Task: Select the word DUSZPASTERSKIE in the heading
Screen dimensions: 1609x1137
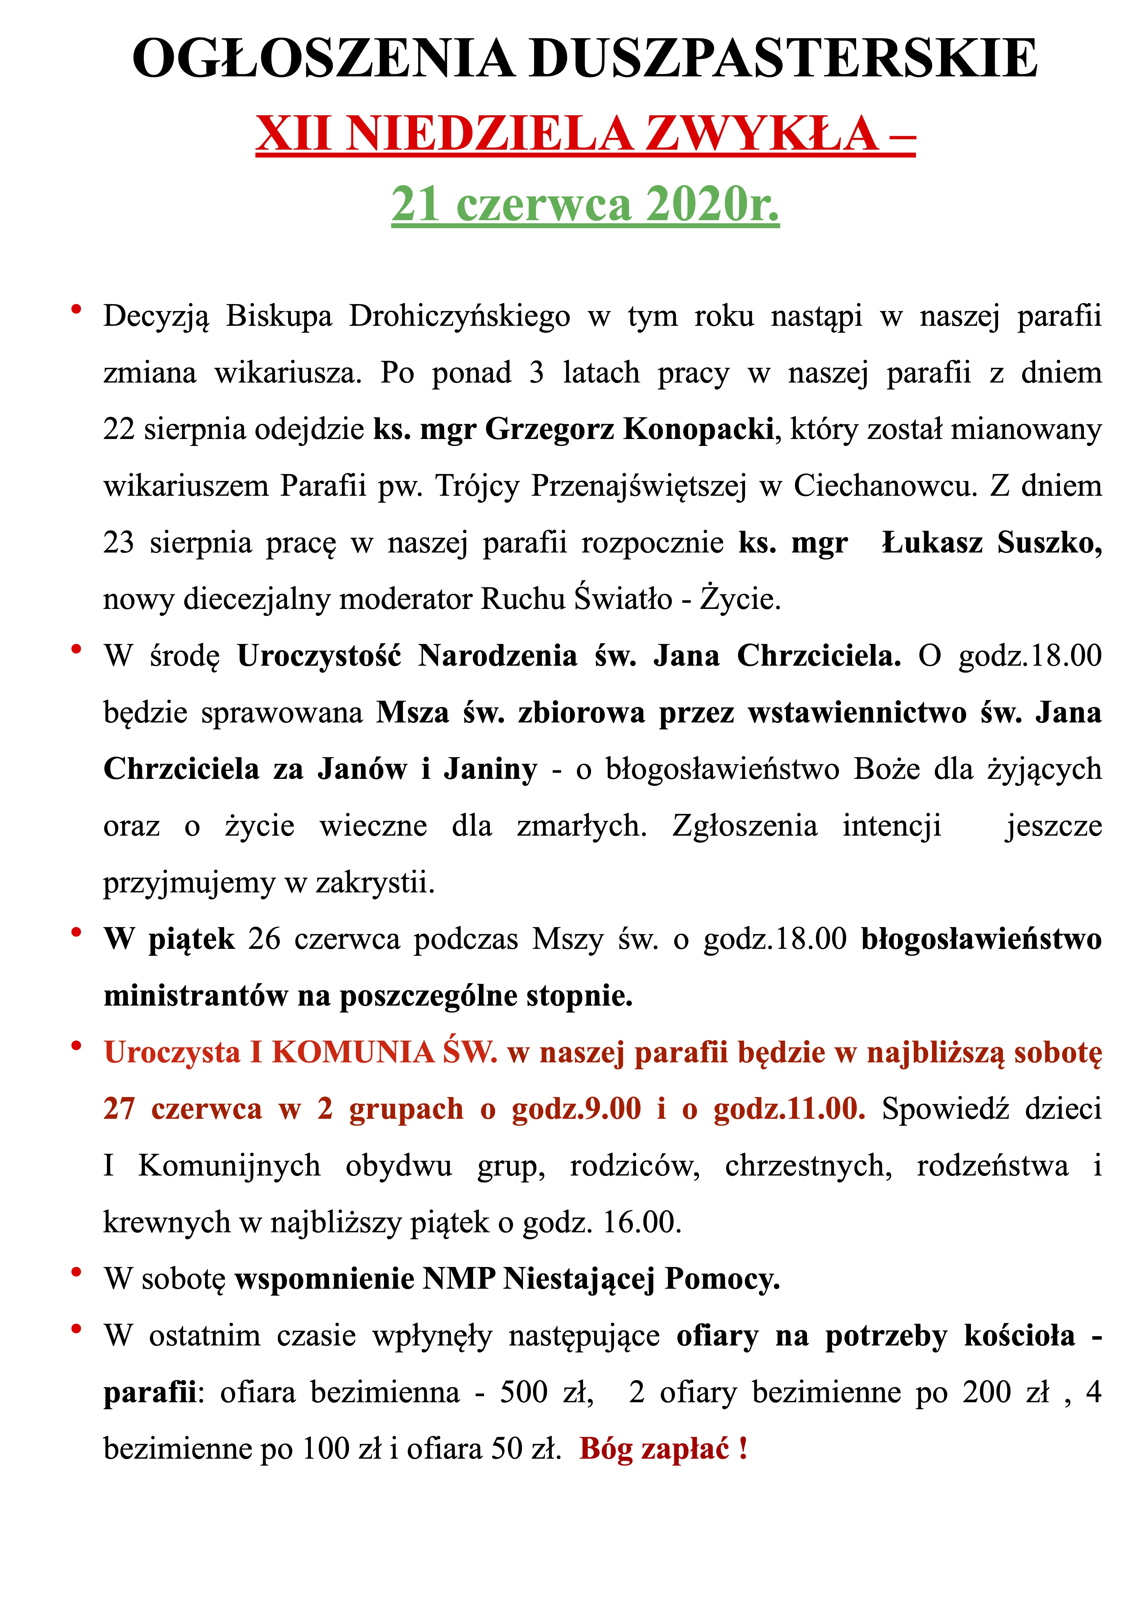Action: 783,59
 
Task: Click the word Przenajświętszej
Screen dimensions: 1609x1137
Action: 638,486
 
